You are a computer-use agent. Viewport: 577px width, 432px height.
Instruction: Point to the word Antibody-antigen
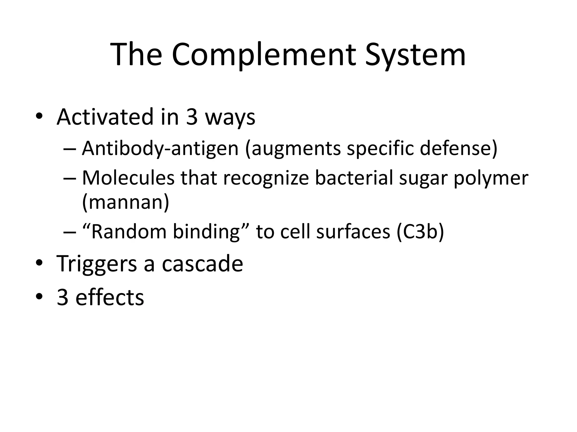(x=160, y=148)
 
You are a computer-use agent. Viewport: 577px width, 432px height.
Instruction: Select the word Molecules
(x=128, y=178)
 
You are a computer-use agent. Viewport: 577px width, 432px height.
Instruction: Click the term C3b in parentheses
(x=420, y=232)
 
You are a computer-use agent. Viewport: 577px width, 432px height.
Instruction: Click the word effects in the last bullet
(x=110, y=297)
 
